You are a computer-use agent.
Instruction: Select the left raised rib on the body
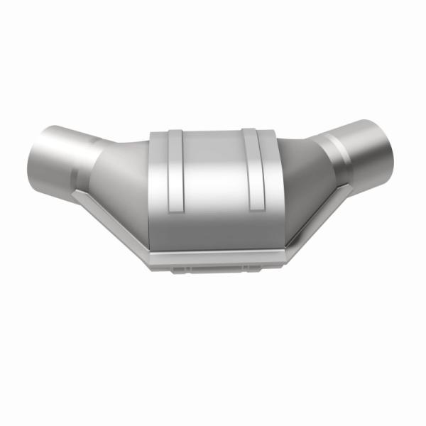(x=174, y=170)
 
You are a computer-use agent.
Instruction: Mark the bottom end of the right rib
(x=254, y=208)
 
